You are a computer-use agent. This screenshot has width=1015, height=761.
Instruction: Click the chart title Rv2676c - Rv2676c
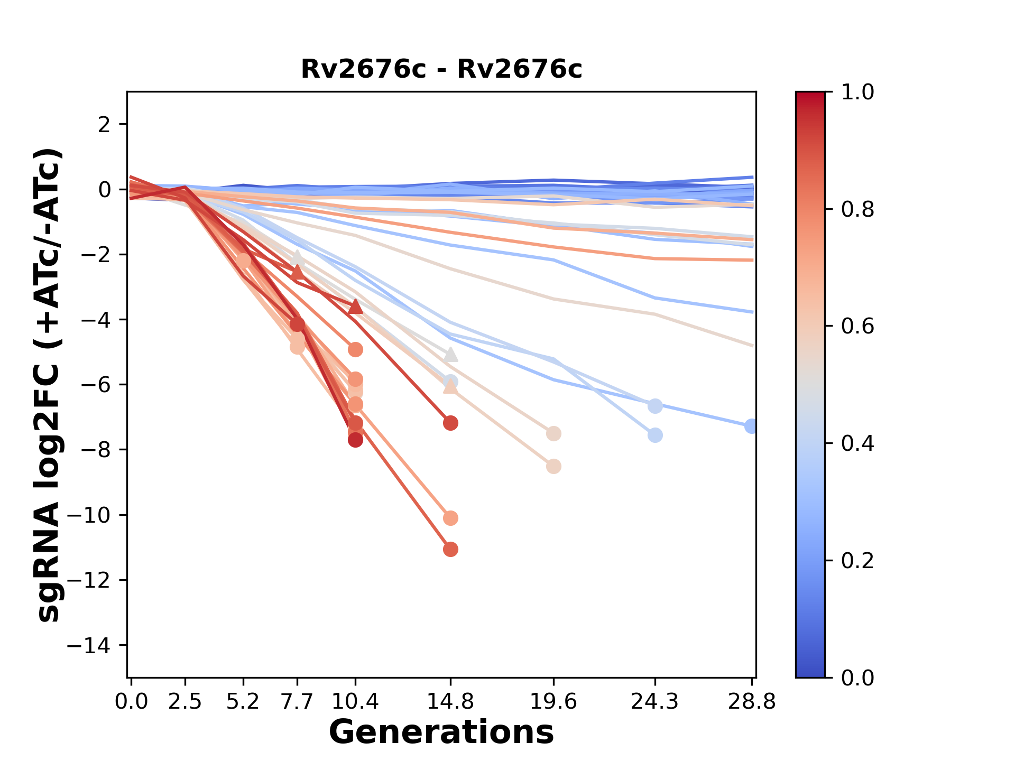tap(441, 69)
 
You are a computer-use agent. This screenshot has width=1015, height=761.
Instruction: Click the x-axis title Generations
tap(441, 732)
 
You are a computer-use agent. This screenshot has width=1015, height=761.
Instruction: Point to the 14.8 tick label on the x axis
tap(450, 701)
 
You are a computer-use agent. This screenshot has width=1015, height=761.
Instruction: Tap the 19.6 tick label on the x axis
tap(553, 701)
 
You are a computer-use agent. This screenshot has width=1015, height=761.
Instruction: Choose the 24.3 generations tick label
tap(655, 701)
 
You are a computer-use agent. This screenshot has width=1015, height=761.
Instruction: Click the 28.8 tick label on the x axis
tap(752, 701)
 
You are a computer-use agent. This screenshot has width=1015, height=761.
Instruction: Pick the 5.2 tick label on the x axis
tap(243, 701)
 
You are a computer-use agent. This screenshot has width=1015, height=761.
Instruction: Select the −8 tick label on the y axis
tap(98, 450)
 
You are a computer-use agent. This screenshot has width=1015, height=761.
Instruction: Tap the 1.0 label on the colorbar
tap(857, 92)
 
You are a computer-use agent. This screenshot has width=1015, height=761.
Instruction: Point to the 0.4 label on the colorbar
tap(857, 443)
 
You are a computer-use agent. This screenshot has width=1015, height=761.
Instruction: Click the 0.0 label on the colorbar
tap(857, 678)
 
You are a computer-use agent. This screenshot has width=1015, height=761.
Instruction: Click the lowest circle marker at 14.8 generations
tap(450, 550)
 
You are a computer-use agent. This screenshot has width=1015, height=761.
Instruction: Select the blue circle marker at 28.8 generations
tap(751, 426)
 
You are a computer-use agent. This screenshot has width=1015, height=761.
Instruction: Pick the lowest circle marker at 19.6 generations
tap(553, 467)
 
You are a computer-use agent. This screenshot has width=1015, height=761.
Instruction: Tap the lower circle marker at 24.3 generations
tap(655, 435)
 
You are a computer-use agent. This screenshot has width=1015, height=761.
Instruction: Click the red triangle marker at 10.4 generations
tap(355, 307)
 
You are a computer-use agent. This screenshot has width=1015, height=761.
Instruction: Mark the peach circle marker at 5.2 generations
tap(243, 261)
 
